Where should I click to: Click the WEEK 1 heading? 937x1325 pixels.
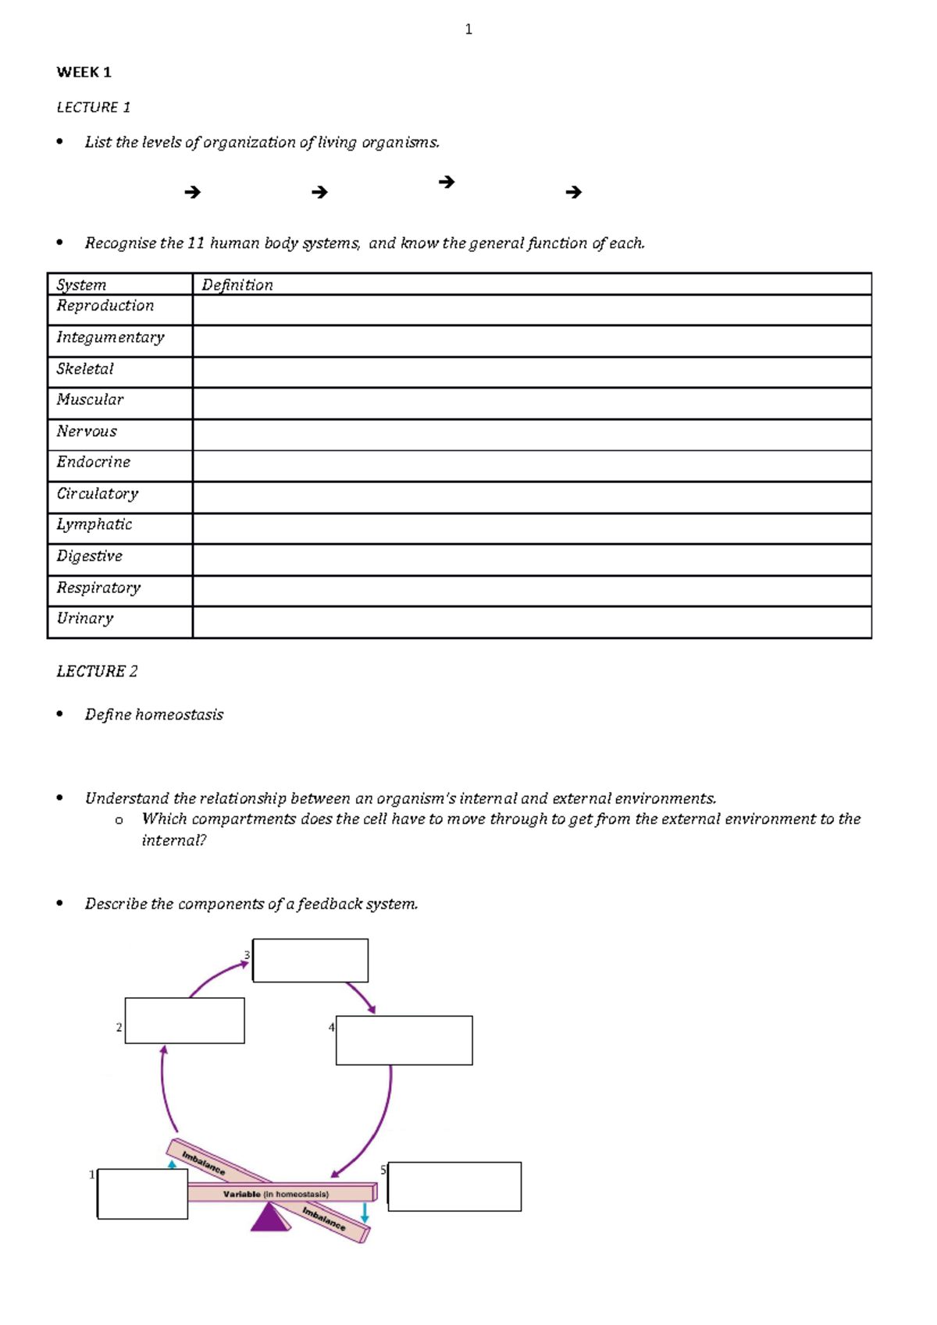[84, 73]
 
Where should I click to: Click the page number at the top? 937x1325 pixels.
[468, 30]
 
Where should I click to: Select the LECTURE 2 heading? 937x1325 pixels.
[97, 671]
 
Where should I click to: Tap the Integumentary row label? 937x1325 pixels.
[110, 337]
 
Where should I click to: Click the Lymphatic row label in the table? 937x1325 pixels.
[94, 524]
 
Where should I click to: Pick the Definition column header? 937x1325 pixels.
[237, 285]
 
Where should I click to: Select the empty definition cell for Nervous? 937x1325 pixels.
[531, 435]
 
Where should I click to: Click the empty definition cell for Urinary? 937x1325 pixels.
[531, 623]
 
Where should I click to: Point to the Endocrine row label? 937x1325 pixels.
[93, 462]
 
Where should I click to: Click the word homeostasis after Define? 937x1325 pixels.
[179, 715]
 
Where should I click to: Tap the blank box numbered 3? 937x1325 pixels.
[310, 961]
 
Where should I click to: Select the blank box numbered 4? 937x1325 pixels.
[404, 1040]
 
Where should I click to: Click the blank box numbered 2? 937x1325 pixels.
[184, 1021]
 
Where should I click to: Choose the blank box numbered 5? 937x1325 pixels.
[454, 1186]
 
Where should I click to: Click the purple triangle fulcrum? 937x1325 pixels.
[269, 1219]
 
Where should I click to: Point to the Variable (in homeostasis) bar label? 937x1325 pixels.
[276, 1194]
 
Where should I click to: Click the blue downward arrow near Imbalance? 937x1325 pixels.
[365, 1213]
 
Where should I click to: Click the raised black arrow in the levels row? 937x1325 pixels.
[447, 182]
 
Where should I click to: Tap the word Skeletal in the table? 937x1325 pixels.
[85, 369]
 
